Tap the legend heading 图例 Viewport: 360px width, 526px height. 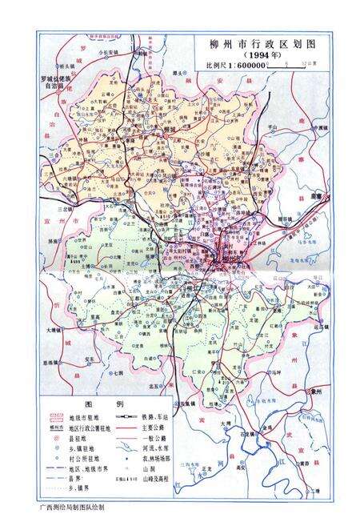[x=109, y=404]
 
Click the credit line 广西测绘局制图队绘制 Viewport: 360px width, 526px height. [x=71, y=508]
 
